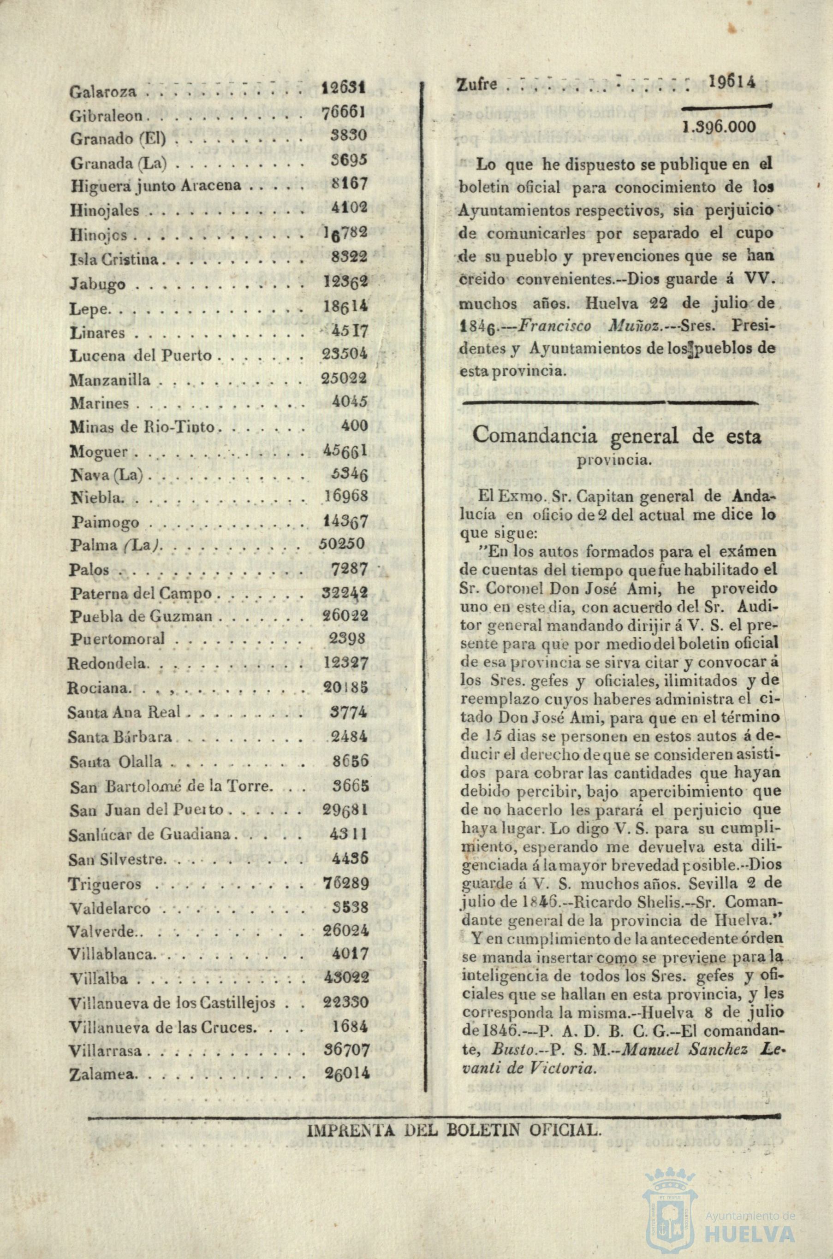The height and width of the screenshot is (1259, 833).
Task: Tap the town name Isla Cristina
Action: pyautogui.click(x=115, y=260)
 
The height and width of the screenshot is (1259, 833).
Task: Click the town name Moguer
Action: pyautogui.click(x=99, y=452)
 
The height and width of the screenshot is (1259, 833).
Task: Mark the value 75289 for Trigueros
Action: pyautogui.click(x=345, y=883)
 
